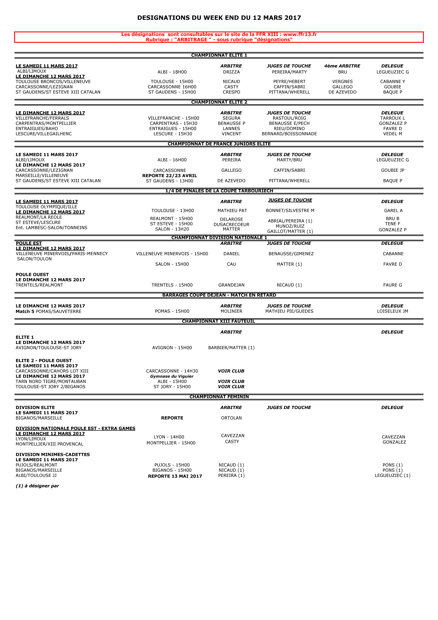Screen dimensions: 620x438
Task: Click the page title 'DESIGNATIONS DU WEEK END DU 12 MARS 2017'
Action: click(219, 18)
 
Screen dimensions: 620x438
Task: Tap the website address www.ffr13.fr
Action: click(300, 34)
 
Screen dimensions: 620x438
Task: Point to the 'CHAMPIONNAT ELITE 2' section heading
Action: click(219, 102)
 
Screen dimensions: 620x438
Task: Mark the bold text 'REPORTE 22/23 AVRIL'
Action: click(170, 176)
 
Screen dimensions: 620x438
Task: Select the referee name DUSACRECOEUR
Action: click(231, 224)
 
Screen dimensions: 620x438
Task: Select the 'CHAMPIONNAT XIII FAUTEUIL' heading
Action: click(218, 321)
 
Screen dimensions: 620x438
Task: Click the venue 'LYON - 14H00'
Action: click(169, 437)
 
